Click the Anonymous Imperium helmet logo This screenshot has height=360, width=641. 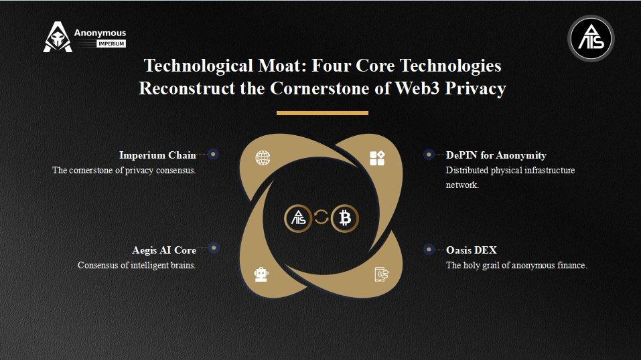tap(58, 37)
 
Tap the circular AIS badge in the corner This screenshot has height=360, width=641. tap(591, 38)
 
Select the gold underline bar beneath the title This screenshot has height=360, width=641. tap(322, 113)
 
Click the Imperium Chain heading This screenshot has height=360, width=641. tap(157, 155)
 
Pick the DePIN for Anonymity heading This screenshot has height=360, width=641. tap(496, 155)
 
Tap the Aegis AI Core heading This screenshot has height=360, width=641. tap(164, 250)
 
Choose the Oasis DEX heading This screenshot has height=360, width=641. tap(472, 250)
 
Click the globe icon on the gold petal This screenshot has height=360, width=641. tap(263, 158)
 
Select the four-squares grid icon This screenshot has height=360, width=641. tap(377, 158)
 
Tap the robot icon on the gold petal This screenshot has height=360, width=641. tap(261, 274)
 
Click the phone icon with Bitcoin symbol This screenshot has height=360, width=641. tap(381, 274)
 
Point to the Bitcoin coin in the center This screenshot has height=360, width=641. tap(345, 218)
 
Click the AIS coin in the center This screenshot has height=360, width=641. tap(299, 218)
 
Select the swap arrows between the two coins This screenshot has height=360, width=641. tap(322, 217)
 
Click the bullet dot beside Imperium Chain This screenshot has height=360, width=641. tap(213, 154)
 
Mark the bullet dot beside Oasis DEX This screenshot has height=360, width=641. tap(429, 249)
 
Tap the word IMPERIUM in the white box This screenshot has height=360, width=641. tap(111, 43)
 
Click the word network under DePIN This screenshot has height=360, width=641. tap(462, 185)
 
